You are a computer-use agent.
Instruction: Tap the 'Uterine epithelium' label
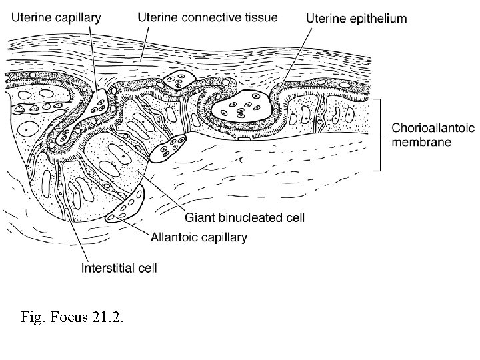pos(356,19)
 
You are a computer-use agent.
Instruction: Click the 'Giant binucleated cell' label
pos(244,217)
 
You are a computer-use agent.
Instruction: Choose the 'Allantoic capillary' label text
pos(199,237)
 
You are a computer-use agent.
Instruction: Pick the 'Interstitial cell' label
pos(119,269)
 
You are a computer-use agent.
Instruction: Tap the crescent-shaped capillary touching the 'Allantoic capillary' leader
pos(127,207)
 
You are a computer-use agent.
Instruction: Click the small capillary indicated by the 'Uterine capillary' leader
pos(98,101)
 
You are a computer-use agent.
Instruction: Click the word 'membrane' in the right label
pos(421,142)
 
